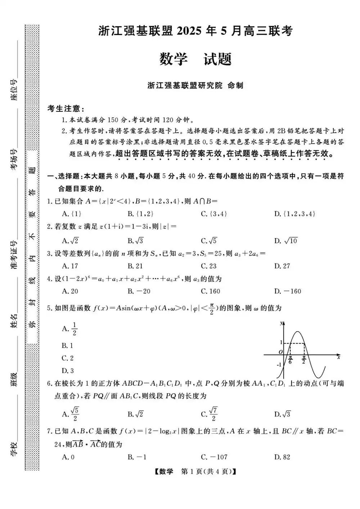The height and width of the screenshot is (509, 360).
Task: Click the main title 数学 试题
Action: point(195,59)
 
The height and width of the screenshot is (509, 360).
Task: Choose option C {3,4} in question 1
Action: point(214,214)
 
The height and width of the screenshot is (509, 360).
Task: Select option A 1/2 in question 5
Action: point(70,329)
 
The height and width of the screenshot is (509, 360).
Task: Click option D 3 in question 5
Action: point(68,370)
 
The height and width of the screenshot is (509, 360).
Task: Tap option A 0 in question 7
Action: point(68,457)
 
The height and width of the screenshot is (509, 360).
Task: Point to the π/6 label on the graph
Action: point(291,360)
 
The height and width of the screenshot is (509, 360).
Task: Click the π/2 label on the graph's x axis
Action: point(304,360)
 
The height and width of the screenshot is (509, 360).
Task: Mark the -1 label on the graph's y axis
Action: point(279,365)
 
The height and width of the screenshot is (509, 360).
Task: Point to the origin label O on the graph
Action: point(280,352)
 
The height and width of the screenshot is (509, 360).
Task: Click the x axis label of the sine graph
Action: point(338,357)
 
